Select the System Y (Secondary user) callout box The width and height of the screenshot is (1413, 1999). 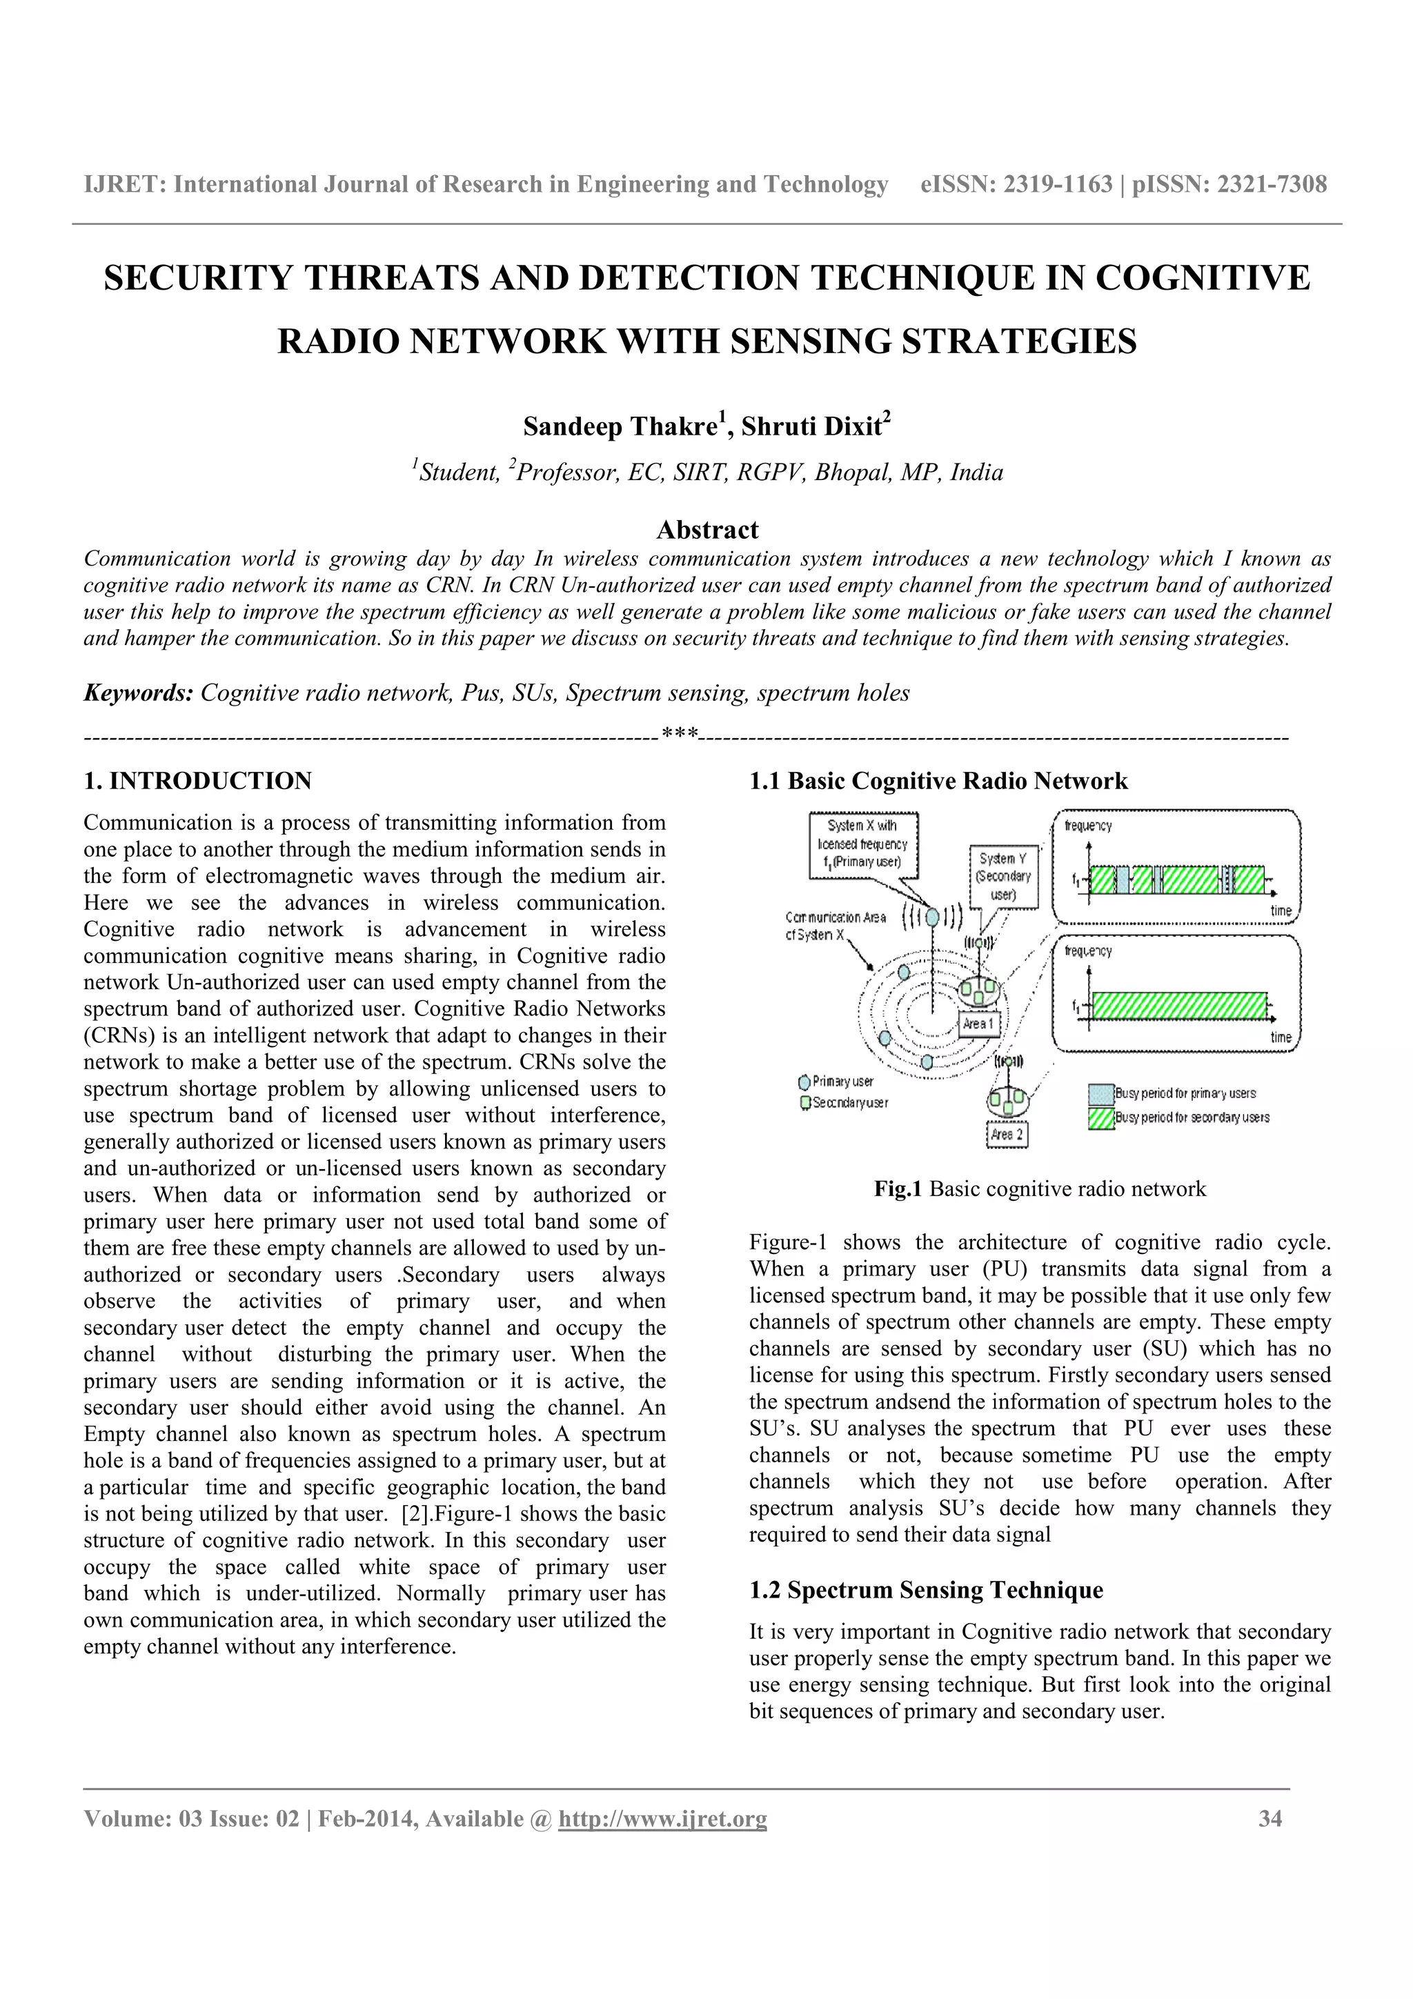tap(1003, 876)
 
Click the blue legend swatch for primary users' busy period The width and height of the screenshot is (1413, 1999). tap(1101, 1093)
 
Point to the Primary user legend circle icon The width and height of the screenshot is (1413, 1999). tap(804, 1082)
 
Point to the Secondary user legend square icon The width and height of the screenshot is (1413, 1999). tap(805, 1103)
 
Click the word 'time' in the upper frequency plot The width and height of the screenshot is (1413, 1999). tap(1281, 911)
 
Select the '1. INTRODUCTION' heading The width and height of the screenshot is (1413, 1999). tap(197, 781)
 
